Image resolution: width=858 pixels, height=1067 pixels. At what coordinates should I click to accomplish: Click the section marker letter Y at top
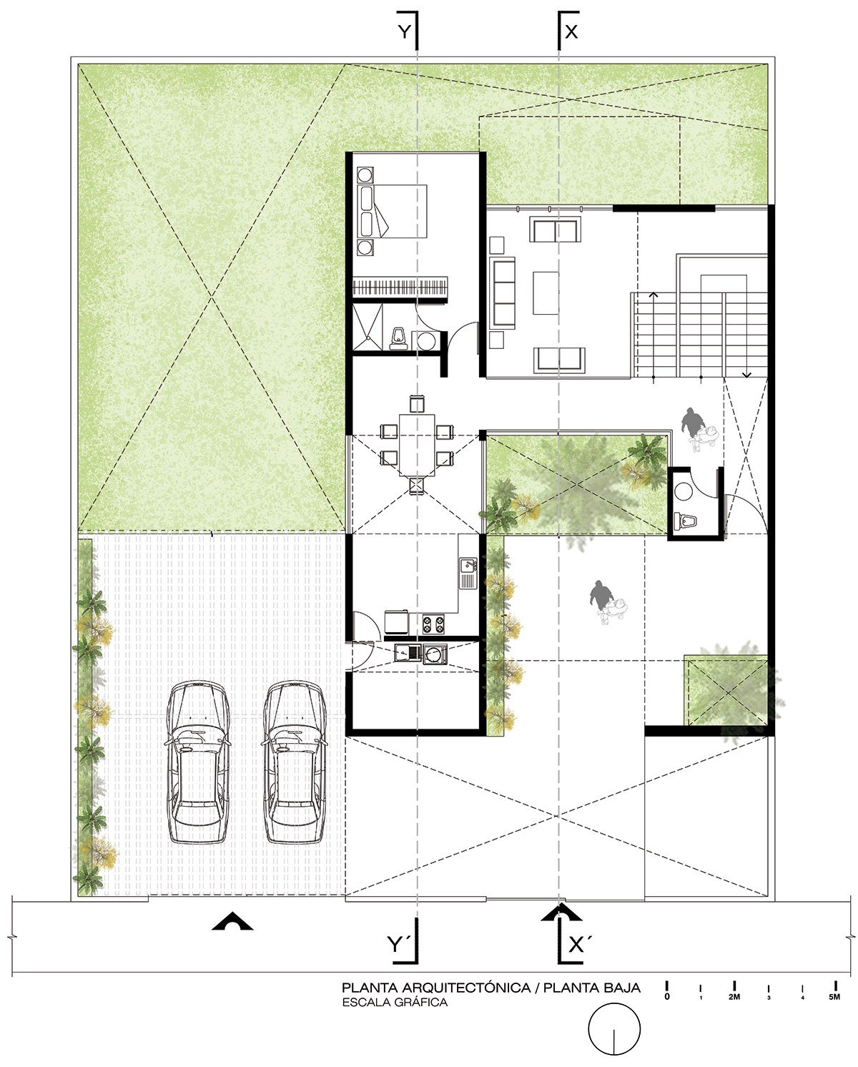[405, 31]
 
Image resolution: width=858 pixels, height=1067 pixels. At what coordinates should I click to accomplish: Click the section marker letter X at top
[571, 31]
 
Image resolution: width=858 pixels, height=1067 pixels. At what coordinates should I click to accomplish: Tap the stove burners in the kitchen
[433, 624]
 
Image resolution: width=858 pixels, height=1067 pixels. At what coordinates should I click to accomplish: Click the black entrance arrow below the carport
[233, 922]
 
